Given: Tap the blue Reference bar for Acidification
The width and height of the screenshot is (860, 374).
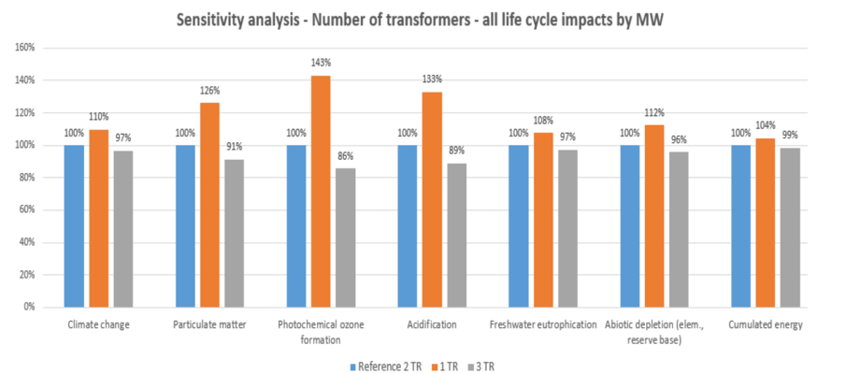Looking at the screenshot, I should pos(408,225).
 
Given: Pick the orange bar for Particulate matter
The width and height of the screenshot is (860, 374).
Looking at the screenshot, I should pos(209,205).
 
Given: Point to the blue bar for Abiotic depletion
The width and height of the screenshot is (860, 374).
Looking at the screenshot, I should pos(630,225).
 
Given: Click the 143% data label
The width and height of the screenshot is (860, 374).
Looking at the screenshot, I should pos(321,63).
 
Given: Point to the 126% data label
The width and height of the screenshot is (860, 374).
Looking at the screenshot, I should pos(209,91).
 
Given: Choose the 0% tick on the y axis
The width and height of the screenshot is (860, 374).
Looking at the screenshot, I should pos(28,307).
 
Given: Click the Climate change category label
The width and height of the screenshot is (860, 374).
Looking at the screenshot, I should pos(98,325).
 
